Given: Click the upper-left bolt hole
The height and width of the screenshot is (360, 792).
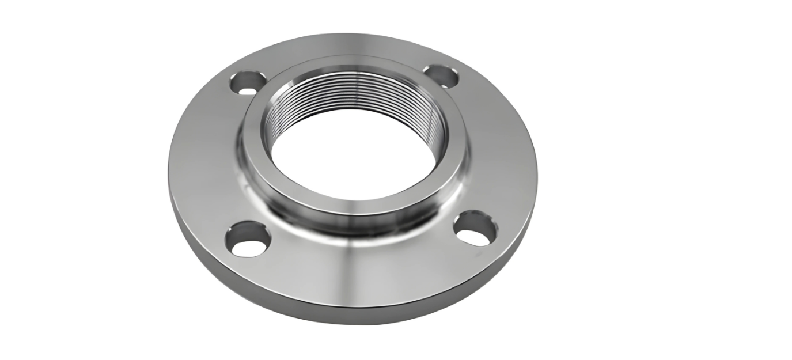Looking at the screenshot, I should pyautogui.click(x=248, y=82).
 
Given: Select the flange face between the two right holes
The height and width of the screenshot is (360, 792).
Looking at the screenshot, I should pyautogui.click(x=501, y=150).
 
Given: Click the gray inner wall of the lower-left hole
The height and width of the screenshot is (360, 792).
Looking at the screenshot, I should pyautogui.click(x=242, y=232).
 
